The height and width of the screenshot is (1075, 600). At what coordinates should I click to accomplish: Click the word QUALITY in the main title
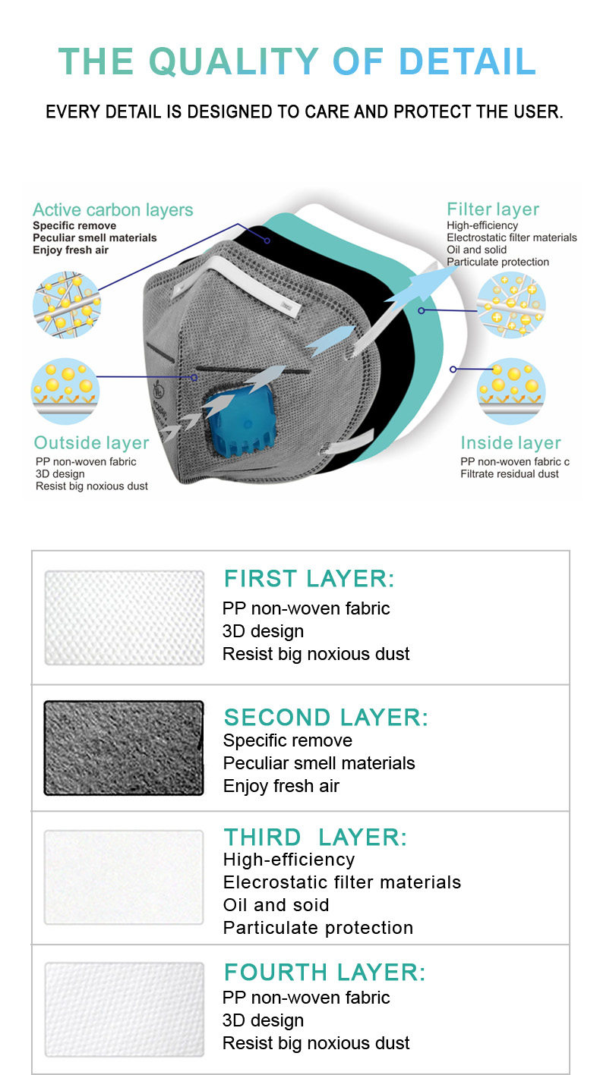[234, 61]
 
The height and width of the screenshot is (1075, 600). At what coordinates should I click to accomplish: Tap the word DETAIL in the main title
[467, 61]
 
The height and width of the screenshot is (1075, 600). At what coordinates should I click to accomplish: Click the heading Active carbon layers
[113, 209]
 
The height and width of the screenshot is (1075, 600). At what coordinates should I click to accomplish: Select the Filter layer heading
[493, 209]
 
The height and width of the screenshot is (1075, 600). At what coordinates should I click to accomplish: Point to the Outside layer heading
[91, 442]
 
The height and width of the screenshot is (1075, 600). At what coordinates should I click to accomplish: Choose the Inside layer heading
[510, 442]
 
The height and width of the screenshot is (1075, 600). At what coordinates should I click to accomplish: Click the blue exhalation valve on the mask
[242, 420]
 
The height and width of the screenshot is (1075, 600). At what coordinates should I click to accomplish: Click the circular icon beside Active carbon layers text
[67, 305]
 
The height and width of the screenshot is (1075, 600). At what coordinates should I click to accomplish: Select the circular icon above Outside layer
[65, 391]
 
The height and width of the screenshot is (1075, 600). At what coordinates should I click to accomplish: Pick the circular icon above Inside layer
[511, 391]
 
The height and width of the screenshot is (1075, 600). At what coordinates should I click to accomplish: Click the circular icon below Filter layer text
[511, 305]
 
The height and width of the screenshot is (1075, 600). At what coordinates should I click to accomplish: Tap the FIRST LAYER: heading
[309, 578]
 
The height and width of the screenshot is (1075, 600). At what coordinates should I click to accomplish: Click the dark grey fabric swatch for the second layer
[124, 748]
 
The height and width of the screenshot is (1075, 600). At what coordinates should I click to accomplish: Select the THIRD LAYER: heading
[315, 838]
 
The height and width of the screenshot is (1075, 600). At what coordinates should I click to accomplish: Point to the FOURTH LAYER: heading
[325, 973]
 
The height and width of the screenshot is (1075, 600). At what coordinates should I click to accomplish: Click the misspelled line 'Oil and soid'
[276, 905]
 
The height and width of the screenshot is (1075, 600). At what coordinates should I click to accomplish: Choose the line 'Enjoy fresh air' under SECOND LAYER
[281, 786]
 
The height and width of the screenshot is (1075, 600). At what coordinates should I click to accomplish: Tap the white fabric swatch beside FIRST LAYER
[125, 618]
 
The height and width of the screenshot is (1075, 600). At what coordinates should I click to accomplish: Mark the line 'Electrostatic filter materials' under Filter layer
[512, 237]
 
